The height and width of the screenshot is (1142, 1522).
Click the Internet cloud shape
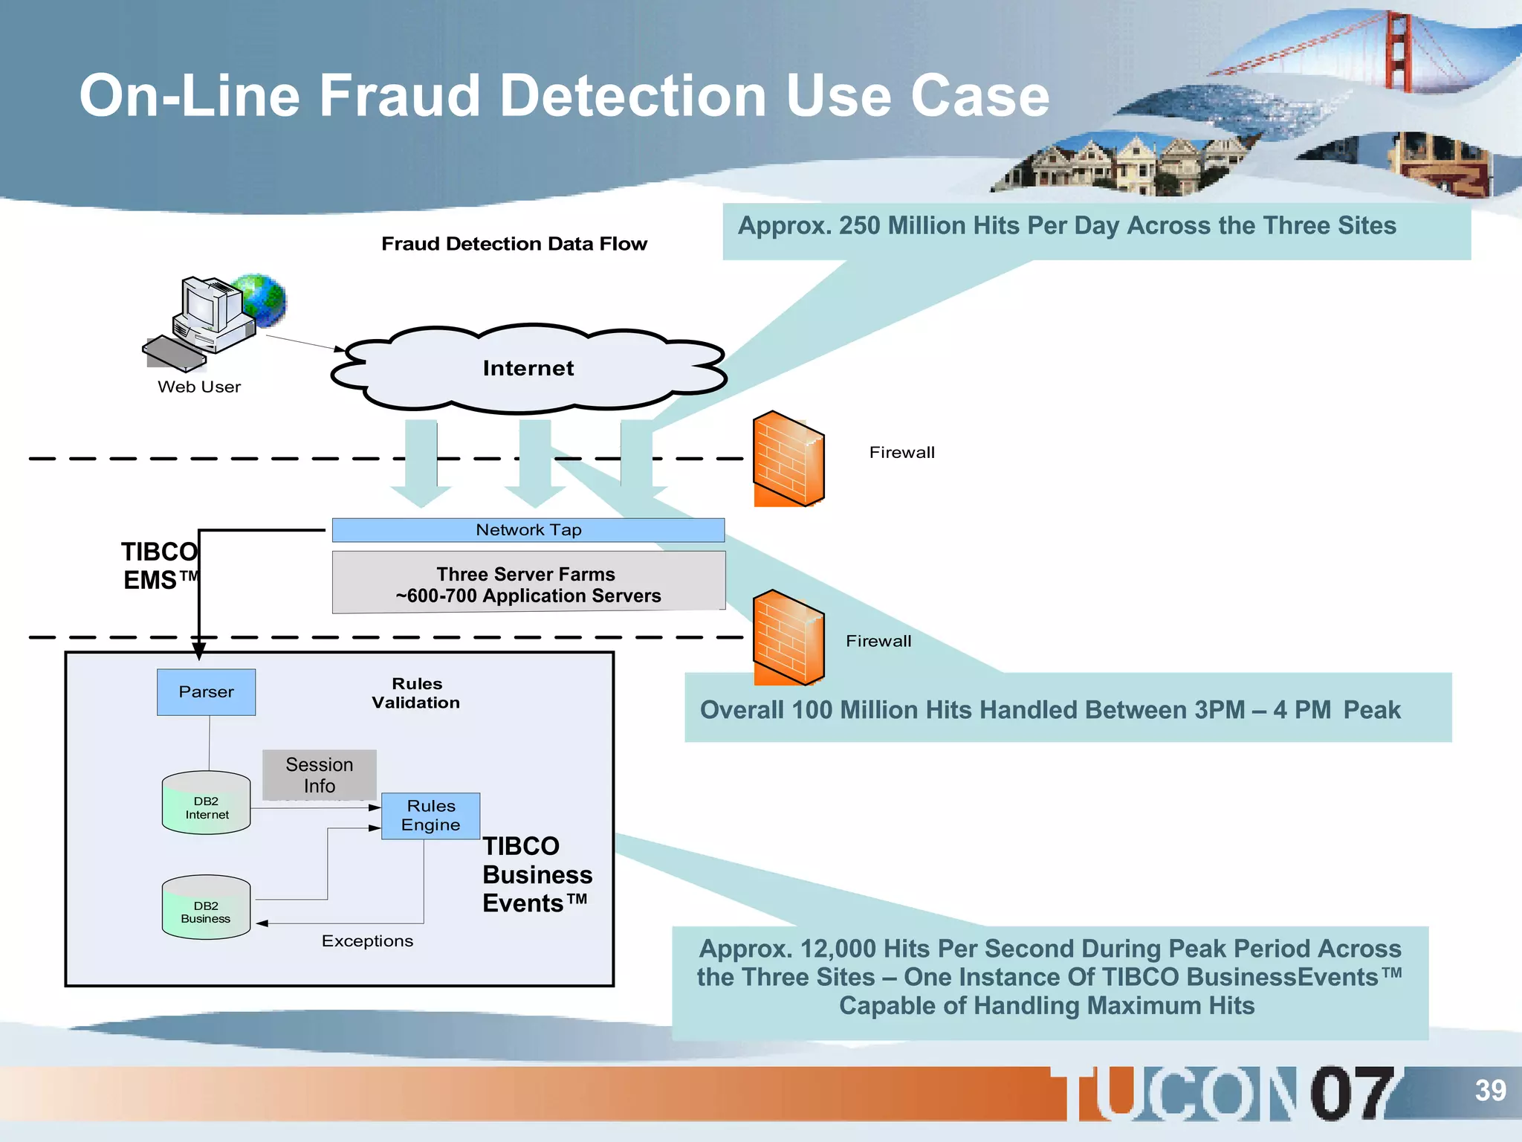click(x=528, y=369)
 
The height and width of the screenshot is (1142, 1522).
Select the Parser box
click(x=206, y=692)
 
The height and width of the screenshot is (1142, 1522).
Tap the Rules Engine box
click(x=430, y=816)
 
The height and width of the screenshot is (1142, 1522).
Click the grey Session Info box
click(x=319, y=775)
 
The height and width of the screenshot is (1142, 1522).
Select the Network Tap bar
click(x=528, y=530)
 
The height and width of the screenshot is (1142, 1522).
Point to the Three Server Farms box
click(x=528, y=584)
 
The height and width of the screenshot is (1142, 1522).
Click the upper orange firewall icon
click(x=788, y=459)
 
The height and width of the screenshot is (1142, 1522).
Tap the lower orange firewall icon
click(x=788, y=638)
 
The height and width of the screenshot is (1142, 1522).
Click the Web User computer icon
click(x=208, y=320)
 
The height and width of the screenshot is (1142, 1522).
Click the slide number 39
click(x=1489, y=1091)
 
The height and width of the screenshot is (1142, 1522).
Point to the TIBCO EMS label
click(x=160, y=566)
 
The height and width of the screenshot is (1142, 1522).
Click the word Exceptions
click(x=367, y=941)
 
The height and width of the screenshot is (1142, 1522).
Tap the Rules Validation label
click(x=416, y=693)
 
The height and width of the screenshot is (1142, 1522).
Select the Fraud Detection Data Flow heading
click(x=514, y=244)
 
